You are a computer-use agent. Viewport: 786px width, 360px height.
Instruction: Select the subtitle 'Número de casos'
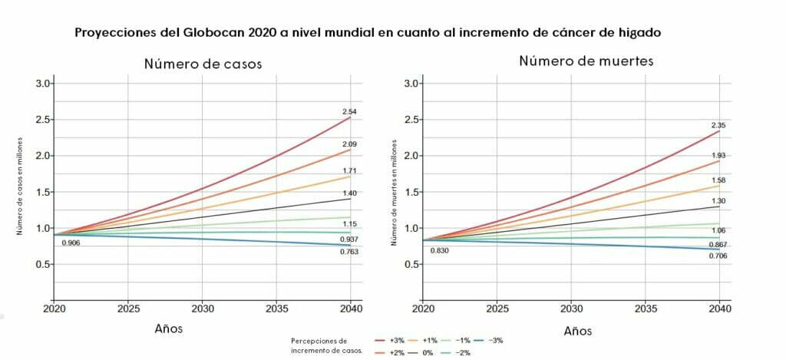(x=203, y=64)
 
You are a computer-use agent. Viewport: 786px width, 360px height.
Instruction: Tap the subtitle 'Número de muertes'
(x=586, y=61)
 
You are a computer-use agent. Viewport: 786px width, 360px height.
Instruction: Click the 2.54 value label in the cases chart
(x=349, y=111)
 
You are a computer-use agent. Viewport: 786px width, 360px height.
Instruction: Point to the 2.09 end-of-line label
(x=349, y=144)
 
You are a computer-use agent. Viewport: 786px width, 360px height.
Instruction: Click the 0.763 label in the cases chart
(x=350, y=252)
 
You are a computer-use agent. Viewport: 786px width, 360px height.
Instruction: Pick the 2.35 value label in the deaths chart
(x=718, y=125)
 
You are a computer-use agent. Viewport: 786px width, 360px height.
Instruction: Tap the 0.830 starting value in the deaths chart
(x=440, y=251)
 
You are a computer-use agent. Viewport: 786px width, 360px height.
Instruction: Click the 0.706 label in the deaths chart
(x=718, y=256)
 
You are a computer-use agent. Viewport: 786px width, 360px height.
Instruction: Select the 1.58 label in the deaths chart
(x=718, y=180)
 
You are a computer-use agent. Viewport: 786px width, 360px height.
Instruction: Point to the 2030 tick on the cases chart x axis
(x=202, y=309)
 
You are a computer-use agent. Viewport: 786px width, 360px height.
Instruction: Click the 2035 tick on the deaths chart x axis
(x=646, y=309)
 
